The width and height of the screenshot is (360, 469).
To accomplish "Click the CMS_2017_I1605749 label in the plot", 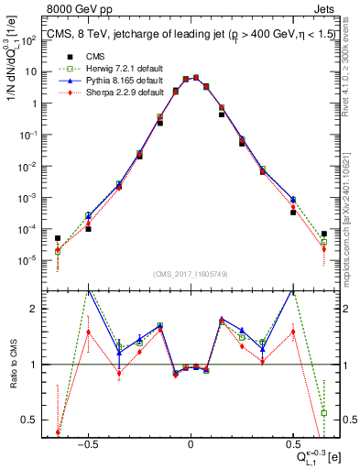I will (x=190, y=274).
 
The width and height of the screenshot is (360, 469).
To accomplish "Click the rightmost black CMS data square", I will (x=324, y=234).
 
